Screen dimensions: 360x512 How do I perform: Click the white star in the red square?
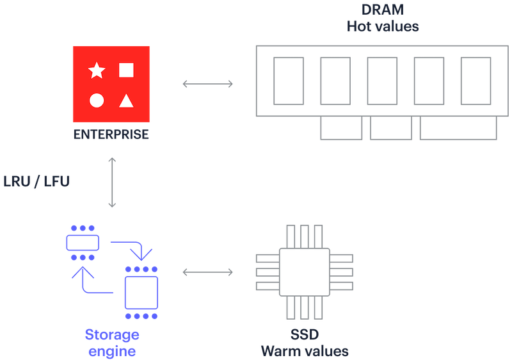[x=97, y=70]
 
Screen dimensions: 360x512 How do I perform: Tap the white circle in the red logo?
[x=97, y=100]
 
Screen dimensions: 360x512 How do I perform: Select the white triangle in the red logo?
[x=127, y=100]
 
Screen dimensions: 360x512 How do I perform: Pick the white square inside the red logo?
[x=127, y=70]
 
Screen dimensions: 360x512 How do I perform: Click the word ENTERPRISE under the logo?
[x=111, y=135]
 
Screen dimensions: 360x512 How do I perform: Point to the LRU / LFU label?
[x=36, y=181]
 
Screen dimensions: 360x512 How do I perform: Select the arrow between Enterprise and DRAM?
[x=208, y=83]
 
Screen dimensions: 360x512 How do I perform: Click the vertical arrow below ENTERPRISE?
[x=112, y=182]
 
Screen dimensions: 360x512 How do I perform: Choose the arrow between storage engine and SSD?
[x=208, y=272]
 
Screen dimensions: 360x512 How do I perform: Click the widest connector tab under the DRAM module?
[x=458, y=128]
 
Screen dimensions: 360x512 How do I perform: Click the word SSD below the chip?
[x=304, y=336]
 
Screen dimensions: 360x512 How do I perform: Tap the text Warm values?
[x=304, y=351]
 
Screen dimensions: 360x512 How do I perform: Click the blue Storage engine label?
[x=112, y=343]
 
